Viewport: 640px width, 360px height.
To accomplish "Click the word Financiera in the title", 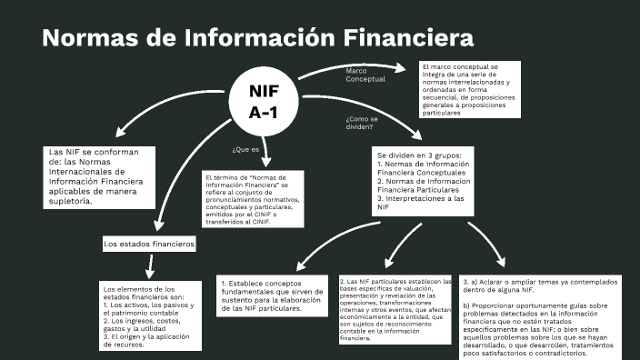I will pos(410,38).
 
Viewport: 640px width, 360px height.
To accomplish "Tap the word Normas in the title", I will pos(89,38).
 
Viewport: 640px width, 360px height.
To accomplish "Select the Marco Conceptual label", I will pos(365,75).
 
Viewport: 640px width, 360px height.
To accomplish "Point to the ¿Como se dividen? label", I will pos(361,123).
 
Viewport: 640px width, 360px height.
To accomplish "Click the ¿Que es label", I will pos(245,148).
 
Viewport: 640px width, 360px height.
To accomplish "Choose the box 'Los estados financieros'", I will pos(149,244).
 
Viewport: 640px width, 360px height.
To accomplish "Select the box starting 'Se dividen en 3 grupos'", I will pos(423,182).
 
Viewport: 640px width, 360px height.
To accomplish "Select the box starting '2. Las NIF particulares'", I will pos(395,309).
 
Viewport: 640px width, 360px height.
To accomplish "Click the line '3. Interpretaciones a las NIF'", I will pos(420,203).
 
